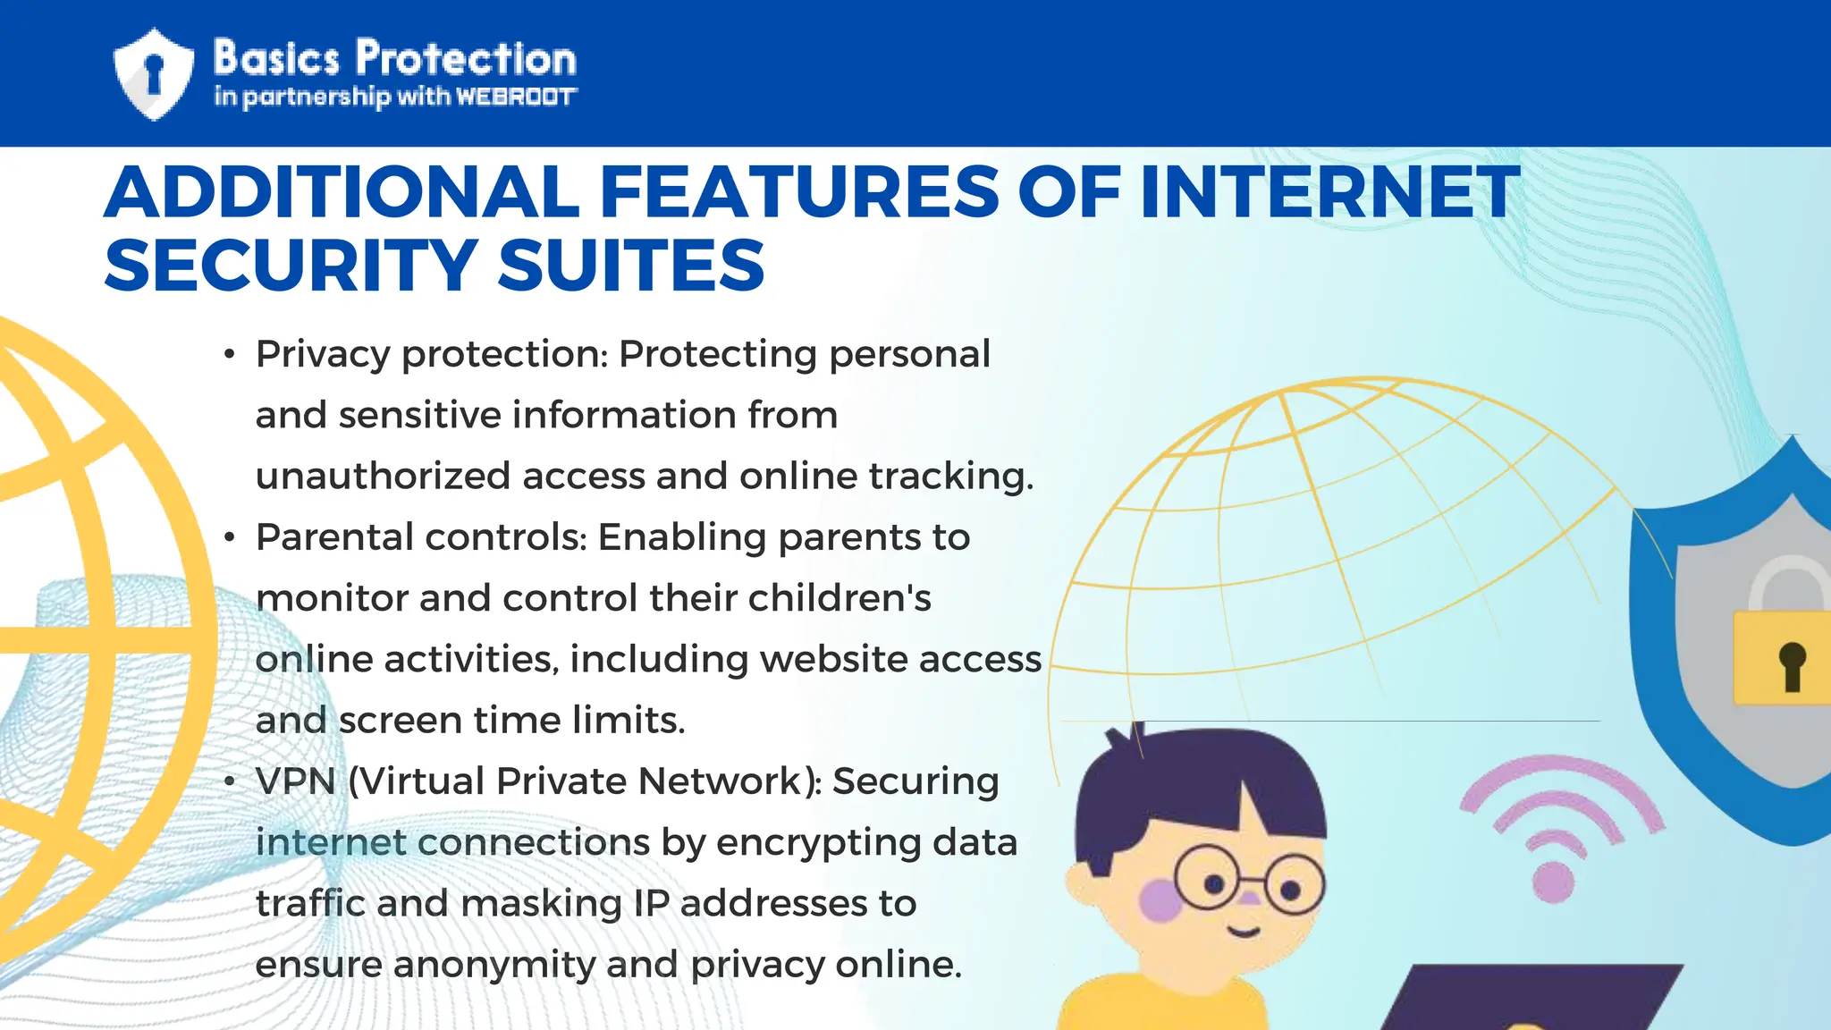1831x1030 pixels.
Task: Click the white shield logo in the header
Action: pyautogui.click(x=154, y=74)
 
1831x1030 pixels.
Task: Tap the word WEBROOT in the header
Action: pyautogui.click(x=516, y=97)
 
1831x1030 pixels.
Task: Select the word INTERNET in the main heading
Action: pyautogui.click(x=1329, y=192)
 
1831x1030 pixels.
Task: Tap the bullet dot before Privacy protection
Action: pyautogui.click(x=230, y=355)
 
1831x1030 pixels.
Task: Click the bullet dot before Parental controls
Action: pyautogui.click(x=230, y=538)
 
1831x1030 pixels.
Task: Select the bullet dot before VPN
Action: pyautogui.click(x=230, y=782)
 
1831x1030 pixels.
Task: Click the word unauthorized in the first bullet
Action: pyautogui.click(x=383, y=476)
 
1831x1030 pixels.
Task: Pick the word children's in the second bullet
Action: pyautogui.click(x=840, y=598)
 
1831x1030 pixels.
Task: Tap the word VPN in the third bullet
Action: pyautogui.click(x=295, y=781)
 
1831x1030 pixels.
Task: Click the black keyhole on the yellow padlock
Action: pyautogui.click(x=1792, y=666)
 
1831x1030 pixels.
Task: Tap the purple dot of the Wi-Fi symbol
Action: pyautogui.click(x=1553, y=881)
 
